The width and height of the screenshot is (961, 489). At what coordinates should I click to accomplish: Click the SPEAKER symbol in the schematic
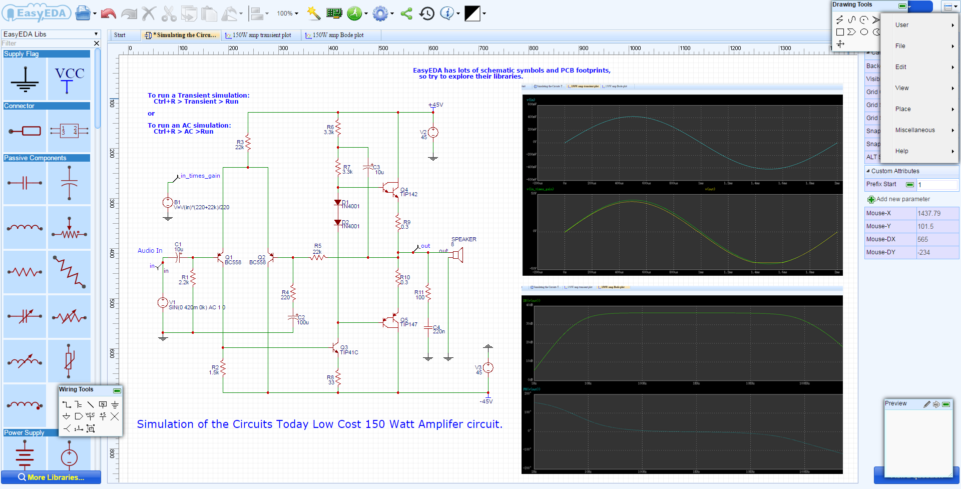(457, 255)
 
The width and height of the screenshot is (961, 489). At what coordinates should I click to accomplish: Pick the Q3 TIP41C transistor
(335, 348)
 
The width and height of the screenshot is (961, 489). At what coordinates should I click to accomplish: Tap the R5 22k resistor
(318, 257)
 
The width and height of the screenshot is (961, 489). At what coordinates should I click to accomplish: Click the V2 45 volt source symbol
(433, 133)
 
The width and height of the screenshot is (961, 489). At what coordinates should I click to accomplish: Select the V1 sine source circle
(163, 302)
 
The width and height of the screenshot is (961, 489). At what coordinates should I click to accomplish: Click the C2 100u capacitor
(293, 317)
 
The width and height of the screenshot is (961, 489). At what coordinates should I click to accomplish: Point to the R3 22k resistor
(248, 143)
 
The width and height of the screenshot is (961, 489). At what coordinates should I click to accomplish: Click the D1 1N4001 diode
(338, 203)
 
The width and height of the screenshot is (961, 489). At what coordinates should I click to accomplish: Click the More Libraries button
(51, 477)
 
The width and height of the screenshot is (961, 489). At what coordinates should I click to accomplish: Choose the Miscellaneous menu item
(915, 130)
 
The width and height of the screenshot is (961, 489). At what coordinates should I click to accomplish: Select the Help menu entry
(902, 151)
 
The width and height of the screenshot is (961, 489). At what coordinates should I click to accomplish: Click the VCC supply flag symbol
(69, 80)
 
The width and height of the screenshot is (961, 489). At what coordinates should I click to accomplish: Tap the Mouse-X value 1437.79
(929, 213)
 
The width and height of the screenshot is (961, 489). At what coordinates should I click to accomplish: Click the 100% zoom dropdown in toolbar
(287, 14)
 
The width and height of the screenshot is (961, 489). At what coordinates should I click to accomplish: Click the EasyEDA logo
(36, 14)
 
